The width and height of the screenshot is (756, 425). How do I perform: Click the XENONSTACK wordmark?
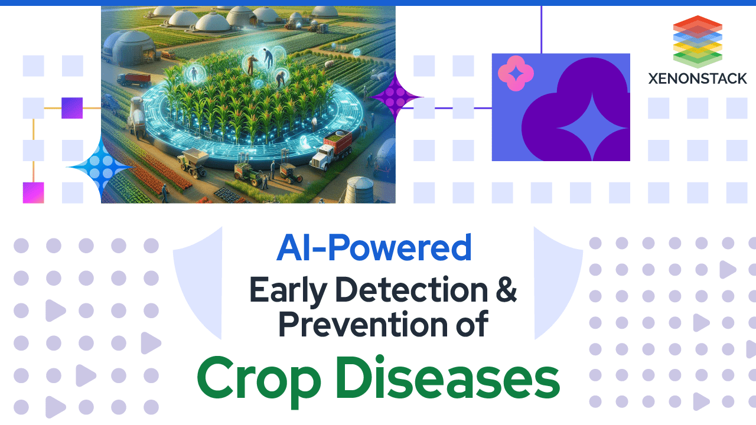pos(698,78)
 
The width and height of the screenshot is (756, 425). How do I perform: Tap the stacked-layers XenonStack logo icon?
pos(698,41)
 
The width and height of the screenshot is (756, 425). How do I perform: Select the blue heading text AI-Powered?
pos(374,249)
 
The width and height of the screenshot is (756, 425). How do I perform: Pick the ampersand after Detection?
pos(504,290)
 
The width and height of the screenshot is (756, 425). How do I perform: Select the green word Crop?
pos(256,377)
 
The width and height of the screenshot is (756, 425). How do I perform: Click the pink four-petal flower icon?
pos(516,73)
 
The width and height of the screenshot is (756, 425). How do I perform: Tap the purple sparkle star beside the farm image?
pos(393,97)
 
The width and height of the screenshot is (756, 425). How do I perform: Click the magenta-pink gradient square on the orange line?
pos(33,193)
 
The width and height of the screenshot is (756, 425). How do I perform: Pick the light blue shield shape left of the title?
pos(198,283)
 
